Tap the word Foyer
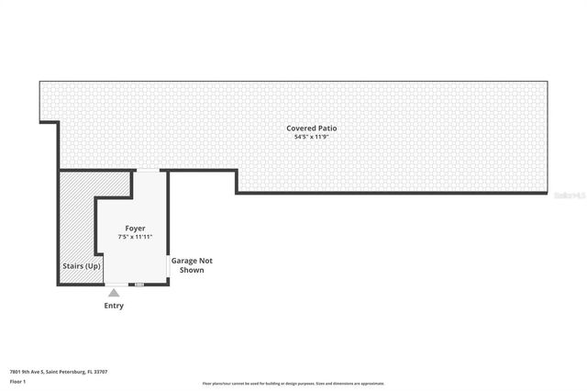135,228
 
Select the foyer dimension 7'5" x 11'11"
135,237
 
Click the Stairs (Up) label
82,266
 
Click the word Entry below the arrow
114,306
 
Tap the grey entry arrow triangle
114,293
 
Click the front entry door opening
116,285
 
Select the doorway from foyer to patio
148,171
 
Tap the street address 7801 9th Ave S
27,372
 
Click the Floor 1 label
17,381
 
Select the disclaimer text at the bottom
293,384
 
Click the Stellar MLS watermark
569,195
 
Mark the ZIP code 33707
101,372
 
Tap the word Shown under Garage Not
192,271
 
